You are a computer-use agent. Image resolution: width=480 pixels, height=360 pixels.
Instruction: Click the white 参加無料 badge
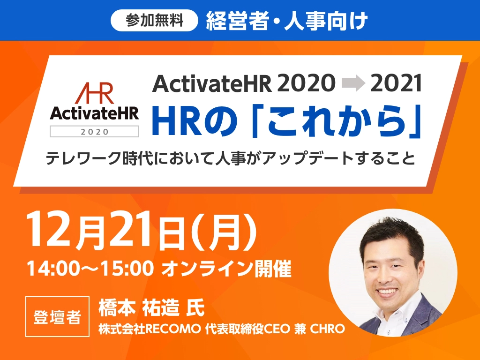tap(154, 21)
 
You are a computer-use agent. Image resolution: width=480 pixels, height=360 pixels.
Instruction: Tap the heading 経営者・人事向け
tap(286, 21)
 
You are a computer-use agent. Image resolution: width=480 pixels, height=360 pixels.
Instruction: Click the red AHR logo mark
tap(94, 93)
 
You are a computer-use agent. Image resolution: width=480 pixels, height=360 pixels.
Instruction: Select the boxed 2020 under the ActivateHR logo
tap(94, 132)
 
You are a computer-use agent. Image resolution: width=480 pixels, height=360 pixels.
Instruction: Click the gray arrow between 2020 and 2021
tap(353, 83)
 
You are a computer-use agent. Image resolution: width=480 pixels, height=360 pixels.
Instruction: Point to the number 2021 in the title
tap(396, 83)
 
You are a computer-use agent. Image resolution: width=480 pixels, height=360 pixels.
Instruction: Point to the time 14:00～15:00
tap(90, 269)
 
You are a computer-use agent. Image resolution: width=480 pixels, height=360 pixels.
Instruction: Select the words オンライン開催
tap(226, 269)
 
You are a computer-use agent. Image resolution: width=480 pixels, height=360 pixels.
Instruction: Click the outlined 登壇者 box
tap(58, 316)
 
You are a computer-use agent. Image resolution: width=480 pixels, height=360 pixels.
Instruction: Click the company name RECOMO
tap(173, 329)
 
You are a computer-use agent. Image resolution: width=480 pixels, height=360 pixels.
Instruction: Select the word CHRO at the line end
tap(328, 329)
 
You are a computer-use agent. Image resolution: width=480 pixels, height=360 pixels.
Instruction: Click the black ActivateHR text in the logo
tap(94, 113)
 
